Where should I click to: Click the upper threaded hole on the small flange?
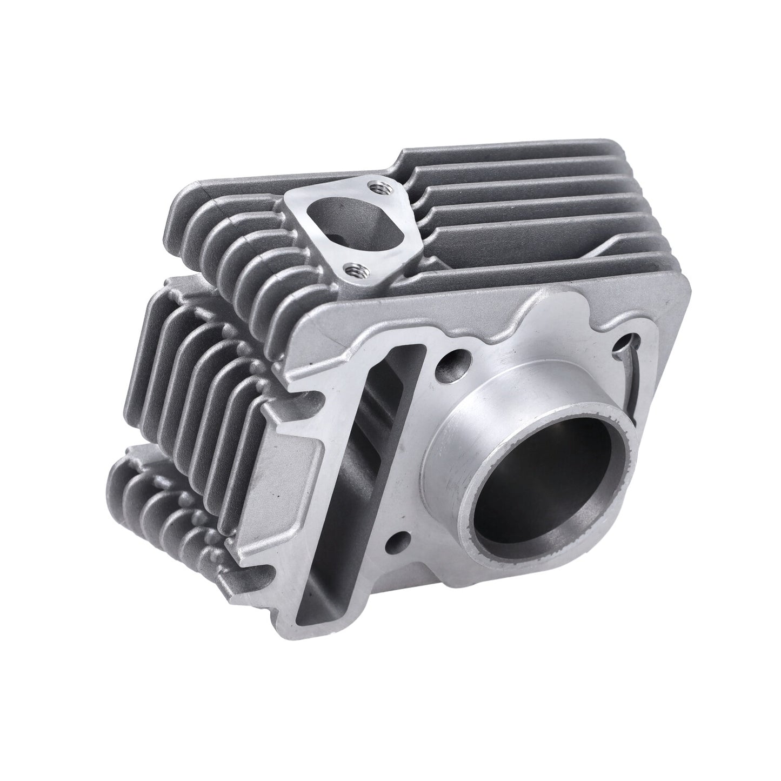(373, 186)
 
